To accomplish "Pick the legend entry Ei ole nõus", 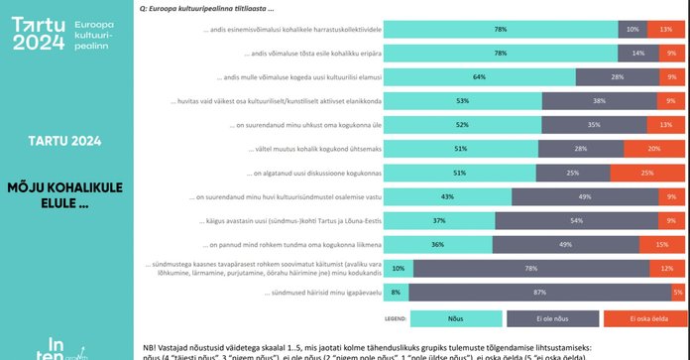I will click(x=541, y=319).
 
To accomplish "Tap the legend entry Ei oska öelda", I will click(x=634, y=319).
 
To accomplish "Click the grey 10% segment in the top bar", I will click(x=633, y=29).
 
